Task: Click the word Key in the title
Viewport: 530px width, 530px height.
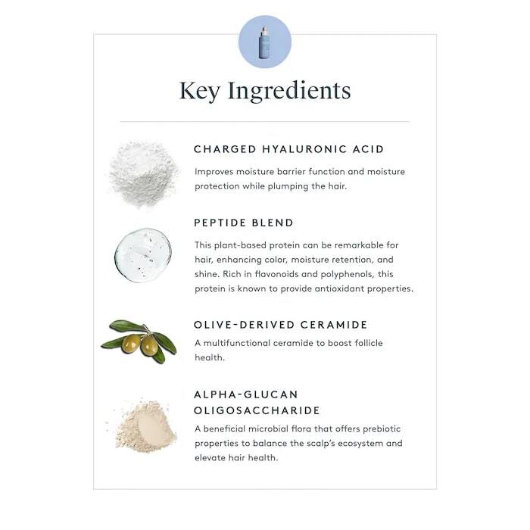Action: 199,91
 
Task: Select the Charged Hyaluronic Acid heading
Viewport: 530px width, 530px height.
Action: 288,149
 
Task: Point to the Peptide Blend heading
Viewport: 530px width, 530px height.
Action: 243,223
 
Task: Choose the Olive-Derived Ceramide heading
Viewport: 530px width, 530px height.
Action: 280,325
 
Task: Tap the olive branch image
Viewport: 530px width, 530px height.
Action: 139,341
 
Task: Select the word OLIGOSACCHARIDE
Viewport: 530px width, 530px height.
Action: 257,411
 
